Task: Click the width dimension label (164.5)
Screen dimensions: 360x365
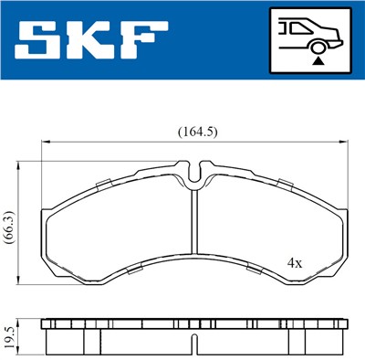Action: click(x=196, y=132)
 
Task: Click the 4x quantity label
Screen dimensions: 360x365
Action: click(x=296, y=261)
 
